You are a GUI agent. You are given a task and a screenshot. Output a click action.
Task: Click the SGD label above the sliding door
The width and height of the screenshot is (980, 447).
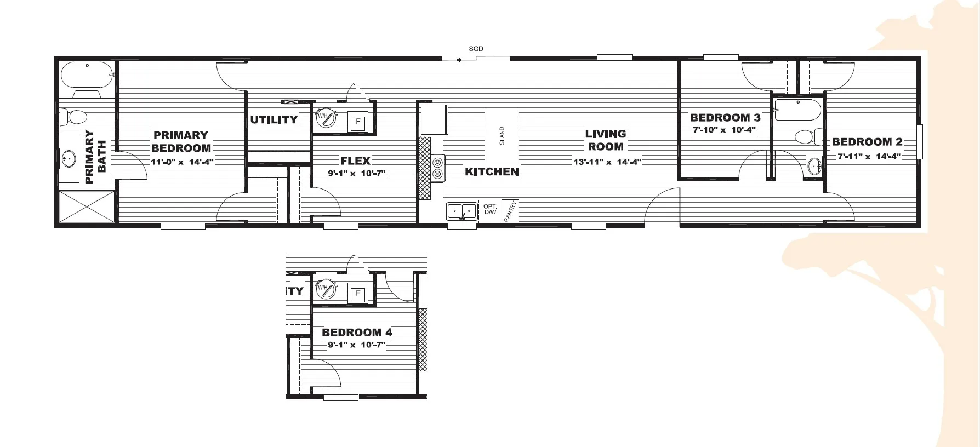point(476,49)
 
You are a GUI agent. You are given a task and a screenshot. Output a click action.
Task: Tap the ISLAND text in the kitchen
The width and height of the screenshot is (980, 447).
point(502,136)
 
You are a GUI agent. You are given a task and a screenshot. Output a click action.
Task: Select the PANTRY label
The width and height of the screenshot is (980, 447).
point(510,211)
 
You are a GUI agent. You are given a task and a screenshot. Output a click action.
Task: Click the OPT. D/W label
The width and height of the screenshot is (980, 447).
point(490,209)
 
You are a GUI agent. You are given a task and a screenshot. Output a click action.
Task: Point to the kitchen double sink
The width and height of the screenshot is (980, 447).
point(461,211)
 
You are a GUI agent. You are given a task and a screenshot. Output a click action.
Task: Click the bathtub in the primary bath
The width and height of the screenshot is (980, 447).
point(87,75)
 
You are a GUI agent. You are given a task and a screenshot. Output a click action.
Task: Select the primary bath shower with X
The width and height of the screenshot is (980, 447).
point(87,207)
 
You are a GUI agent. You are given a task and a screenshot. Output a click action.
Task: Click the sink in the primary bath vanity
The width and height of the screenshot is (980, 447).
point(69,159)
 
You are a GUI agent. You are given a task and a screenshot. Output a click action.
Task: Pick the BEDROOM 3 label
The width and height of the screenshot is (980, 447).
point(725,117)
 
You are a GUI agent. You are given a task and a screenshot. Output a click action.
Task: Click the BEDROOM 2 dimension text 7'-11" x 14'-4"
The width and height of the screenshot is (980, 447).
point(869,156)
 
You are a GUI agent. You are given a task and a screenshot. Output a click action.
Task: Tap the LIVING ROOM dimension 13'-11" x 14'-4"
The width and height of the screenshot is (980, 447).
point(607,162)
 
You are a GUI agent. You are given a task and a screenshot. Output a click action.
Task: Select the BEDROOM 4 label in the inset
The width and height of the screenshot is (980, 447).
point(357,332)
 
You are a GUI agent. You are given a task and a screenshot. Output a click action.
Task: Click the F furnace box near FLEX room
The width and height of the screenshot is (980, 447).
point(358,122)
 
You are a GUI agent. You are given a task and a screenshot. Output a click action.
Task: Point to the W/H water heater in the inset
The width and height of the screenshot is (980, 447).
point(325,289)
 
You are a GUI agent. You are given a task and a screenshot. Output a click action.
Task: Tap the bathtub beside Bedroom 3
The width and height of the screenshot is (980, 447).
point(797,110)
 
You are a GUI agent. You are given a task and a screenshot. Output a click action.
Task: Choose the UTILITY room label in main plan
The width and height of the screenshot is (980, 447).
point(274,119)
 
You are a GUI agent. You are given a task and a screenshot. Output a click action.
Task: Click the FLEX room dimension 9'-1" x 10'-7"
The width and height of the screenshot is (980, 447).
point(357,173)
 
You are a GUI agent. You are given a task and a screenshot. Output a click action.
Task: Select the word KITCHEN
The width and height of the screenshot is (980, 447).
point(492,171)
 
